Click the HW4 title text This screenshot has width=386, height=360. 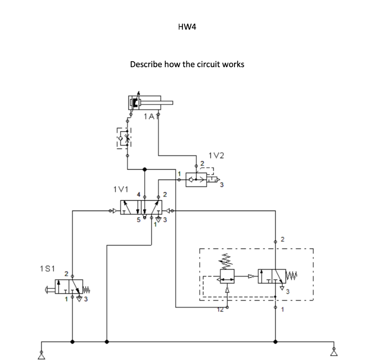pos(187,27)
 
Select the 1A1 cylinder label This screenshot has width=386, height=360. pos(150,117)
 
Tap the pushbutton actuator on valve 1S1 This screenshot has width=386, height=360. pos(48,290)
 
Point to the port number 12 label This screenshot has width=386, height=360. pos(221,310)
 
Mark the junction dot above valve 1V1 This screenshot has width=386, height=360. pos(144,169)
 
